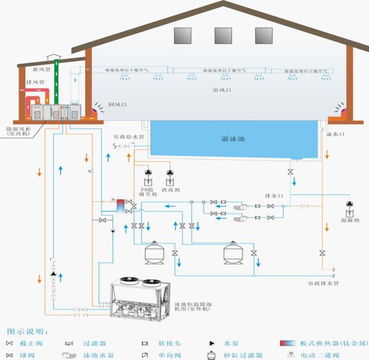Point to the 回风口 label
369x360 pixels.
point(118,105)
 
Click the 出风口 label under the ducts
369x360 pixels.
point(222,90)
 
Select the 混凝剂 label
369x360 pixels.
point(349,219)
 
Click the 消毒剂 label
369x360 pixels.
point(169,190)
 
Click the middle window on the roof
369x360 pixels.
point(223,35)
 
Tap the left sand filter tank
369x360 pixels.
point(153,252)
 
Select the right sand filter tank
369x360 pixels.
point(232,252)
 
